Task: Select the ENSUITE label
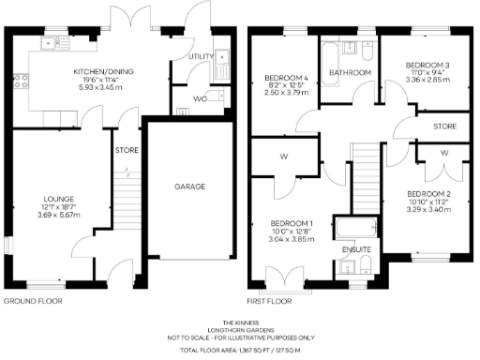(x=357, y=250)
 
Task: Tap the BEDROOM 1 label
(x=290, y=197)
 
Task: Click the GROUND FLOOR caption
(x=34, y=302)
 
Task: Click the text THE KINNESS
(x=241, y=320)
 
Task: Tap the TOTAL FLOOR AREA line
(x=241, y=349)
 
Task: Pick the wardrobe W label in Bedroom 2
(x=443, y=153)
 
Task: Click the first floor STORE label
(x=443, y=125)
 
